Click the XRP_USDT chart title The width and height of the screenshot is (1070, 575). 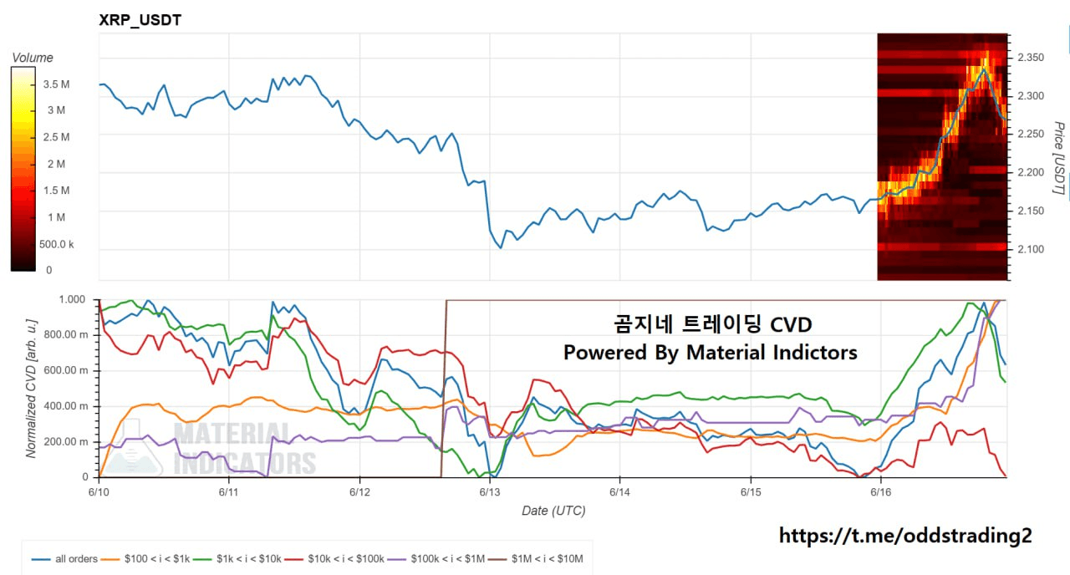(x=140, y=20)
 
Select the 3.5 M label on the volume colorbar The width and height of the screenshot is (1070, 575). (x=56, y=84)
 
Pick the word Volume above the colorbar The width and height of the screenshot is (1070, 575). (x=33, y=58)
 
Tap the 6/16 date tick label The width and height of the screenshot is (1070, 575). (x=880, y=493)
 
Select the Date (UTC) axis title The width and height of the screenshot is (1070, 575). (x=553, y=511)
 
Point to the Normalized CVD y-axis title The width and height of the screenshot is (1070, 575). (x=31, y=389)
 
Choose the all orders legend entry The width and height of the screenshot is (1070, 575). (x=76, y=558)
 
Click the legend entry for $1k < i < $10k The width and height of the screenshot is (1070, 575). (x=242, y=558)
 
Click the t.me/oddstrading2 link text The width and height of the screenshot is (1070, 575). (x=905, y=536)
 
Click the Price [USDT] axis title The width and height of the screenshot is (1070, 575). (x=1058, y=158)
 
